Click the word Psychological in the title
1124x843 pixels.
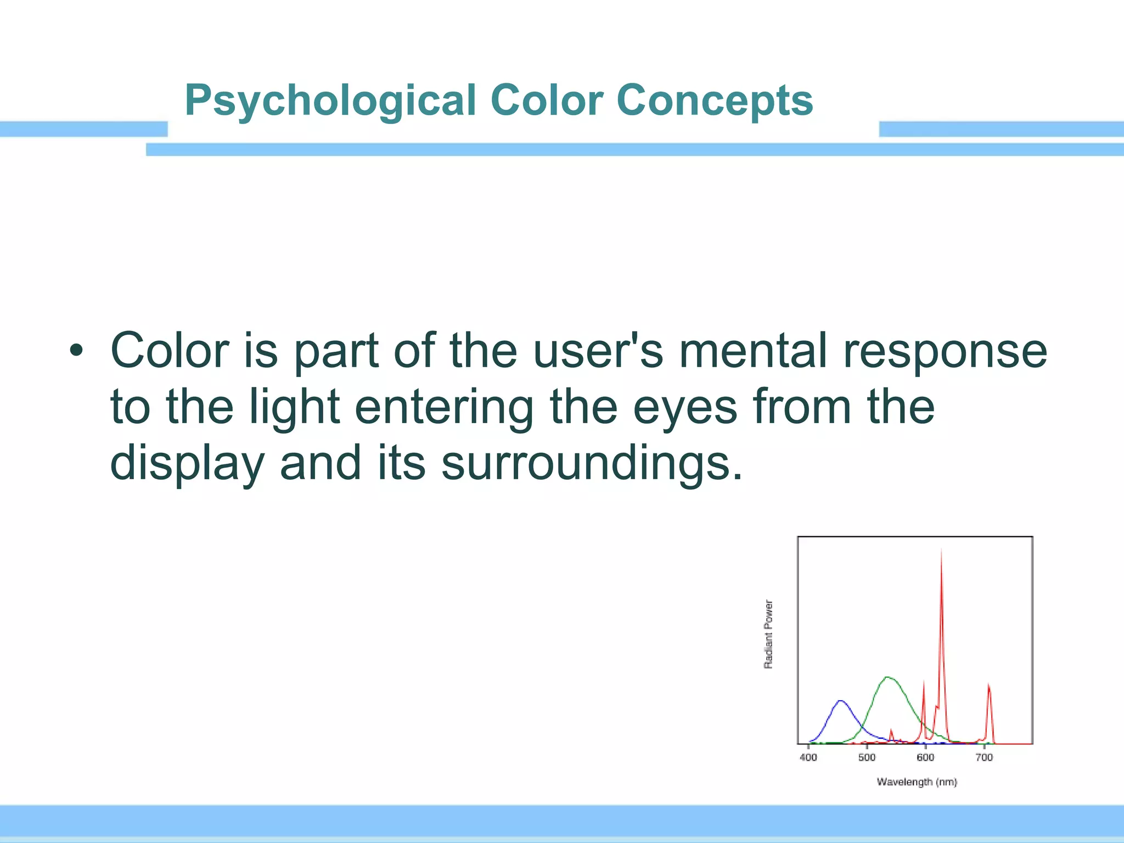[x=330, y=102]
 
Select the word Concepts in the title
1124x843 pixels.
[x=714, y=102]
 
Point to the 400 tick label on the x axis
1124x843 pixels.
[x=808, y=758]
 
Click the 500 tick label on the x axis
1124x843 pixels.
[x=867, y=758]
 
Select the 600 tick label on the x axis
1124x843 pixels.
[x=925, y=758]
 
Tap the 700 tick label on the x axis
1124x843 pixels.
[x=984, y=758]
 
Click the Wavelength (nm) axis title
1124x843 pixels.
[x=917, y=782]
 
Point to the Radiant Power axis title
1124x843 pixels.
[x=768, y=634]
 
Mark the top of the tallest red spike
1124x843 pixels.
[x=941, y=549]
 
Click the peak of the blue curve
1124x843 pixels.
[x=840, y=701]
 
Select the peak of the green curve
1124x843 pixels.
[x=888, y=678]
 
